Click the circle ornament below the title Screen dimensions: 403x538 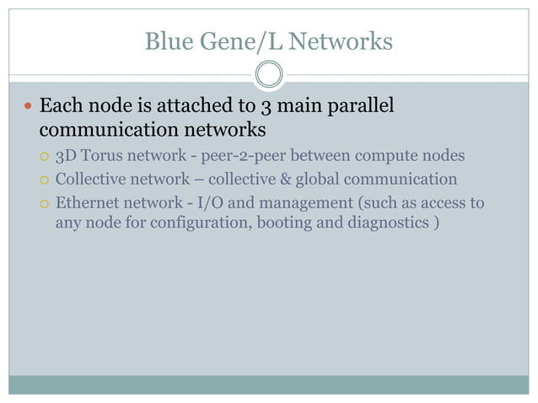click(269, 75)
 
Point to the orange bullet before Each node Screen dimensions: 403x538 click(28, 107)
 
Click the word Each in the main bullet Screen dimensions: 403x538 click(60, 107)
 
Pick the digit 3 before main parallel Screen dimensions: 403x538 click(264, 107)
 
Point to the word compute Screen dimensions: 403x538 click(375, 156)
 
